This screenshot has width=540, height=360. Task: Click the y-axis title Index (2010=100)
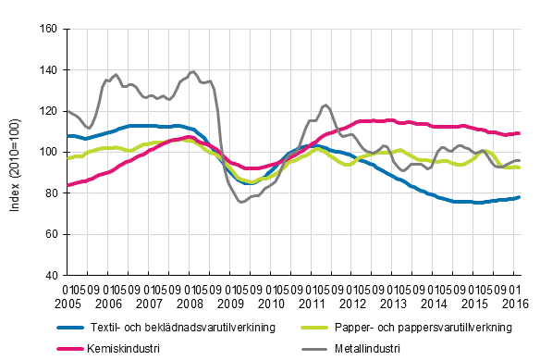click(x=16, y=152)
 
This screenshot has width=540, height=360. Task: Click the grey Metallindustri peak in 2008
click(x=192, y=71)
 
